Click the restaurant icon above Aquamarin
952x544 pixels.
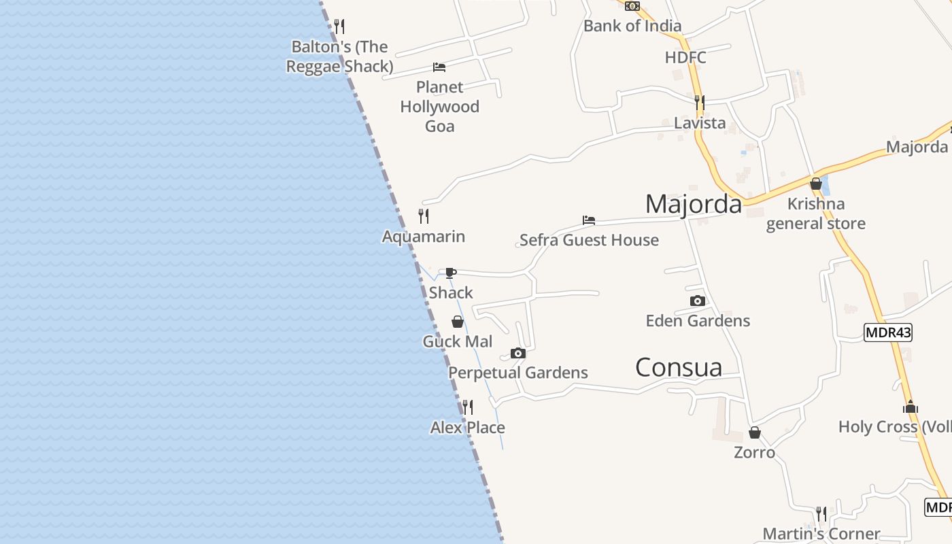pyautogui.click(x=424, y=216)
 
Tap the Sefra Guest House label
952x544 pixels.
pyautogui.click(x=589, y=240)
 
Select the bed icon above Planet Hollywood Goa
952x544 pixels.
pyautogui.click(x=439, y=67)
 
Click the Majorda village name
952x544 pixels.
pyautogui.click(x=693, y=204)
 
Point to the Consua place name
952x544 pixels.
pyautogui.click(x=678, y=367)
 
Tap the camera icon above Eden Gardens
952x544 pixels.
pyautogui.click(x=698, y=301)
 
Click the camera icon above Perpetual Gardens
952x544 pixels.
pyautogui.click(x=518, y=353)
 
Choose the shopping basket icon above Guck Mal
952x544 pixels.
pyautogui.click(x=458, y=322)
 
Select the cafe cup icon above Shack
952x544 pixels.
pyautogui.click(x=450, y=273)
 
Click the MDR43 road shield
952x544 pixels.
pyautogui.click(x=887, y=333)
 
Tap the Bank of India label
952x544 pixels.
pyautogui.click(x=632, y=26)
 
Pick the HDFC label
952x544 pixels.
pyautogui.click(x=685, y=58)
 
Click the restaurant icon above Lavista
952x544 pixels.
pyautogui.click(x=700, y=103)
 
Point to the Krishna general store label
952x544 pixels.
pyautogui.click(x=816, y=214)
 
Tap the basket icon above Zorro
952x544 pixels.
pyautogui.click(x=755, y=432)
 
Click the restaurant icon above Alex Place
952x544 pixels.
pyautogui.click(x=468, y=407)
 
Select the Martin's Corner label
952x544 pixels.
pyautogui.click(x=821, y=534)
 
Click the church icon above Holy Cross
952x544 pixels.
pyautogui.click(x=911, y=407)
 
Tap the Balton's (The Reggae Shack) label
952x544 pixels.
pyautogui.click(x=339, y=56)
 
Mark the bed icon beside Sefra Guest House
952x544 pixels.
pyautogui.click(x=589, y=220)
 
